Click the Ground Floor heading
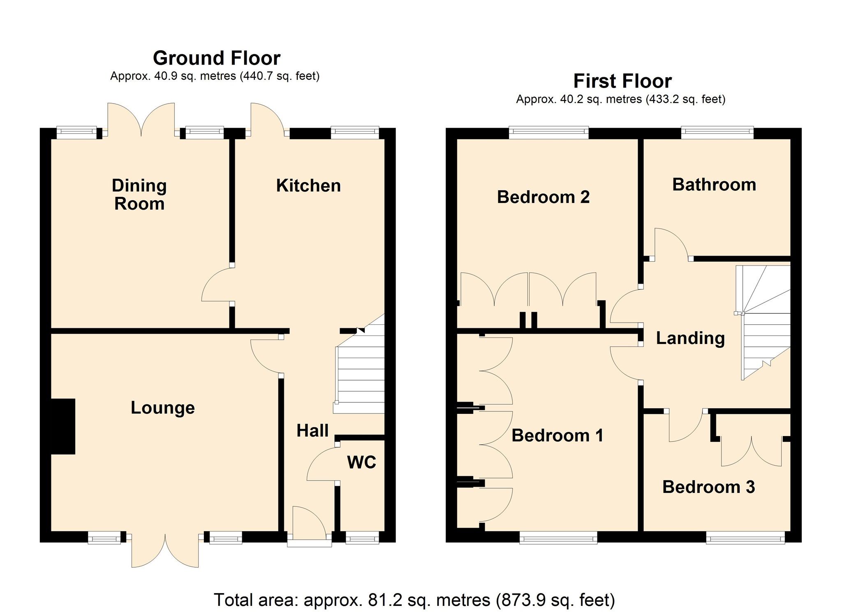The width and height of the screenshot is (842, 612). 216,58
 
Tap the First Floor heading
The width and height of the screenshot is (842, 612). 622,81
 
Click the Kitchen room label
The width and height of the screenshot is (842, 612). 308,185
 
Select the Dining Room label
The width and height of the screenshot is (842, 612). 139,194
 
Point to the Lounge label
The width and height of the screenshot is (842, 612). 162,407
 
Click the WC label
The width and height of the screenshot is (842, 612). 361,462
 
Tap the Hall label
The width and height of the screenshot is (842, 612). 312,430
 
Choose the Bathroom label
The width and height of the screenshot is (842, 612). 714,184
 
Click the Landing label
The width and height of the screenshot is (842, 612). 690,338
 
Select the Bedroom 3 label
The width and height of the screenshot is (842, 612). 708,487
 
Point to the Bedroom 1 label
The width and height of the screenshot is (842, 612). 557,435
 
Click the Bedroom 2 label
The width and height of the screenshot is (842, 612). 543,197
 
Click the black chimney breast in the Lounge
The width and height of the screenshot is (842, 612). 63,426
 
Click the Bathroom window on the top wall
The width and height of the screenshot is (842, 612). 717,132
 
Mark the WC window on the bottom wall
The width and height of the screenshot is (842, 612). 362,537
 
